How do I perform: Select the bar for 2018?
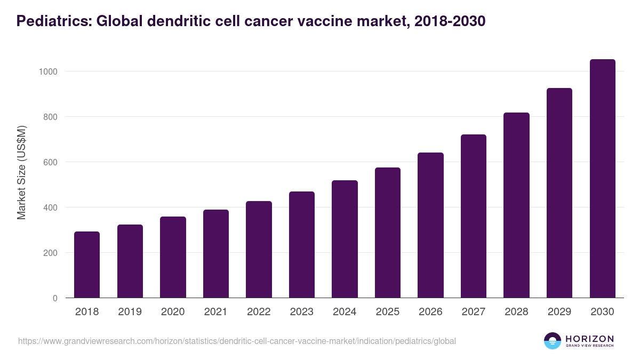point(87,265)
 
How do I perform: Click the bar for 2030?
point(602,179)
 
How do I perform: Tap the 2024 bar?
point(345,239)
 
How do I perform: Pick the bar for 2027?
point(474,216)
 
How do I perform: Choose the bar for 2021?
point(216,254)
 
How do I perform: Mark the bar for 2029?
point(559,193)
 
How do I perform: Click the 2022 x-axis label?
point(259,312)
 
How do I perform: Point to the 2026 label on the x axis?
point(430,312)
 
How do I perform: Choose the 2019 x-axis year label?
point(130,312)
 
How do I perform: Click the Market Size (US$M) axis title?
point(22,173)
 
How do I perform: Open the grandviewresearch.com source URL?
point(237,341)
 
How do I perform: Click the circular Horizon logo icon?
point(553,341)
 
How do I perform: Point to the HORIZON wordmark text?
point(589,339)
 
